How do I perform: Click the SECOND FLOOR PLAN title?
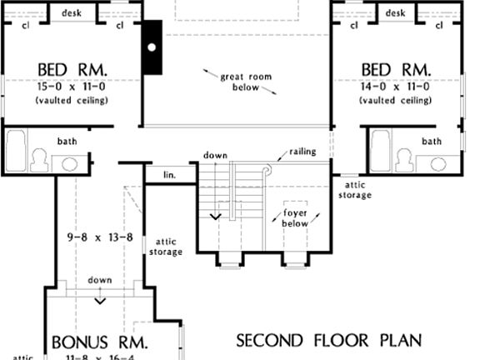328,340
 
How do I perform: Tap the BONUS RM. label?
100,342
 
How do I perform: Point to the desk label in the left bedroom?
71,13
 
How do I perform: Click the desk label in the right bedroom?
396,13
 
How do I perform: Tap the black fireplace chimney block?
152,47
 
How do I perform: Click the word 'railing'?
302,152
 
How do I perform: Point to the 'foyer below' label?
294,218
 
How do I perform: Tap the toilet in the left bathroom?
38,161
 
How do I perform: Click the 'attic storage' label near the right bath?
355,190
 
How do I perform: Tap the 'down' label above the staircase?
215,155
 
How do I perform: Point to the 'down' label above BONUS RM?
100,280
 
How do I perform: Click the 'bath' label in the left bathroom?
67,141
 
